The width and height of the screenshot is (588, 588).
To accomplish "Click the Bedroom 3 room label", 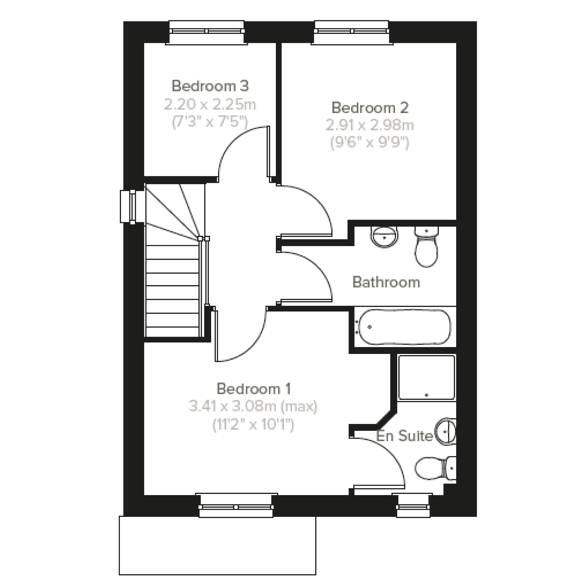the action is (210, 86).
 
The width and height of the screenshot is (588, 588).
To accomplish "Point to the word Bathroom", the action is (386, 282).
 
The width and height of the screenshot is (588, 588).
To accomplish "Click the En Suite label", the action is (404, 436).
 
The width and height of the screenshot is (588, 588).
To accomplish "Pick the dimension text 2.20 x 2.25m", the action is (210, 105).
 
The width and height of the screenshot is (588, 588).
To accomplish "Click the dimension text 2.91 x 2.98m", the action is (370, 125).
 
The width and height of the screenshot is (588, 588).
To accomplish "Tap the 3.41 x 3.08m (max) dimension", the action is (253, 406).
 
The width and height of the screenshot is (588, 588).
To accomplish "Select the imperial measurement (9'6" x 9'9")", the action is (370, 143).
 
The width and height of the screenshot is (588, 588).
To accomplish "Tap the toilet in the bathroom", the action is (426, 247).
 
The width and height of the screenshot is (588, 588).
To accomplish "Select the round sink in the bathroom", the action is (384, 236).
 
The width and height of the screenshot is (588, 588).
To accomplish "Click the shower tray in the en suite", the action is (427, 377).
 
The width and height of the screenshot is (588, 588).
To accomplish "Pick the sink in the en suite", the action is (446, 431).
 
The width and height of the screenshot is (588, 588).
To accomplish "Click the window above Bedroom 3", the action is (207, 33).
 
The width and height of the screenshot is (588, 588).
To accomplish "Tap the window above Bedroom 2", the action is (352, 33).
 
